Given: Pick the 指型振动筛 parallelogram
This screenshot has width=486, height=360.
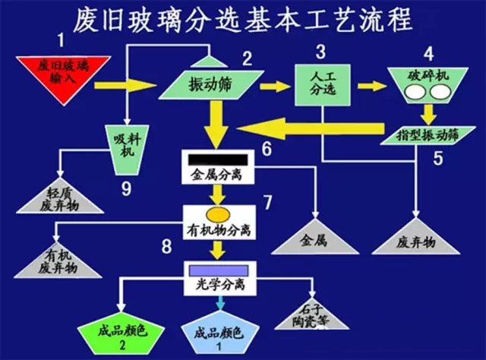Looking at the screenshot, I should pos(426,134).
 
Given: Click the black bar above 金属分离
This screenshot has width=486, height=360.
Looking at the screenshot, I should pos(216,158).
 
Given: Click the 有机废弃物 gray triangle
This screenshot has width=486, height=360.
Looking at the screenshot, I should pos(58,258).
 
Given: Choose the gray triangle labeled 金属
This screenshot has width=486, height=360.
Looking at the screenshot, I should pos(312,235).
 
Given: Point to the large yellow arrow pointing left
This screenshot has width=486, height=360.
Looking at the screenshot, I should pos(320,134).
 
